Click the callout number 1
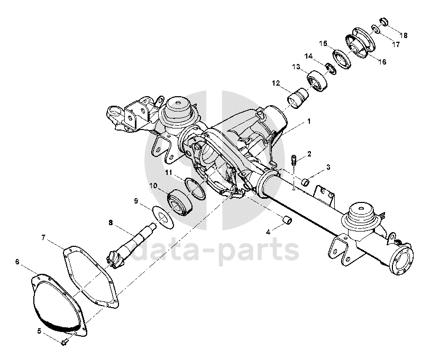(x=309, y=121)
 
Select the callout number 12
(x=276, y=83)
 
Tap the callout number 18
(x=404, y=35)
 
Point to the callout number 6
(x=17, y=262)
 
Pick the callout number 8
(x=111, y=223)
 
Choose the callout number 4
(x=268, y=231)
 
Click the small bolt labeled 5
(x=63, y=342)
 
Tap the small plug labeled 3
(x=305, y=183)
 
